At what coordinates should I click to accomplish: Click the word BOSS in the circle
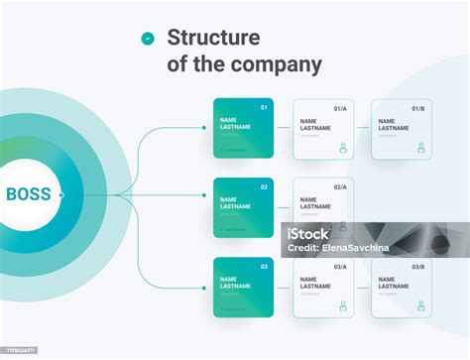point(29,194)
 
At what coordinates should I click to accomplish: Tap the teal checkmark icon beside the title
point(148,39)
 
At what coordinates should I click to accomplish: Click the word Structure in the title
point(213,38)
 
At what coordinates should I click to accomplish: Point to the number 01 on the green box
point(264,107)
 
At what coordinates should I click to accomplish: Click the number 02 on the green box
point(264,186)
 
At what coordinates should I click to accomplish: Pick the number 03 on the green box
point(264,266)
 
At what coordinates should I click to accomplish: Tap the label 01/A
point(340,108)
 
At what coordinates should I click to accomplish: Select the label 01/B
point(418,108)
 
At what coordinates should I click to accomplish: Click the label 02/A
point(340,187)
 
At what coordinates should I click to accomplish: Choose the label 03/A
point(340,267)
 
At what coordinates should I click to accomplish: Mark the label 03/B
point(418,267)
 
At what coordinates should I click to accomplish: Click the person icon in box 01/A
point(343,148)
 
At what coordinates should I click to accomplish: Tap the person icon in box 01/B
point(421,148)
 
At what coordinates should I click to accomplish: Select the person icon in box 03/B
point(421,306)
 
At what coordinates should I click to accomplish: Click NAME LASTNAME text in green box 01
point(235,124)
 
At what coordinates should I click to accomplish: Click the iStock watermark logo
point(308,236)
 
